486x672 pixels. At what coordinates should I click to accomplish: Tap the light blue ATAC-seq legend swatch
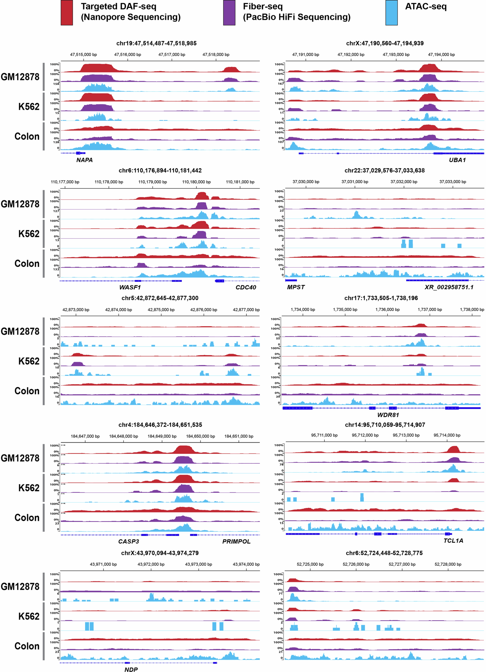click(391, 13)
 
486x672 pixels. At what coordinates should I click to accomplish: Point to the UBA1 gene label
click(457, 160)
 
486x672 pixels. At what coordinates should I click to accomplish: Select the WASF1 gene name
click(130, 287)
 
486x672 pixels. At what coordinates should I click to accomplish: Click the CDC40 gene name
click(246, 287)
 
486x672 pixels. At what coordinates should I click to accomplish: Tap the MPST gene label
click(296, 287)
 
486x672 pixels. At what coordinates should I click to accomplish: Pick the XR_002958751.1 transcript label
click(449, 287)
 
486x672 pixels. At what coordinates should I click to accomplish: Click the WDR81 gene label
click(388, 415)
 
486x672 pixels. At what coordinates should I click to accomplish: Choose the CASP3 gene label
click(129, 541)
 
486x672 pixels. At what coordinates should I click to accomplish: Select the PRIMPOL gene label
click(236, 541)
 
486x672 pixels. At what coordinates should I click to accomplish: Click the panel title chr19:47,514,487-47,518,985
click(156, 43)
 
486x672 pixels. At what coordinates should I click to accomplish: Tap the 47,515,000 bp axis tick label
click(83, 55)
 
